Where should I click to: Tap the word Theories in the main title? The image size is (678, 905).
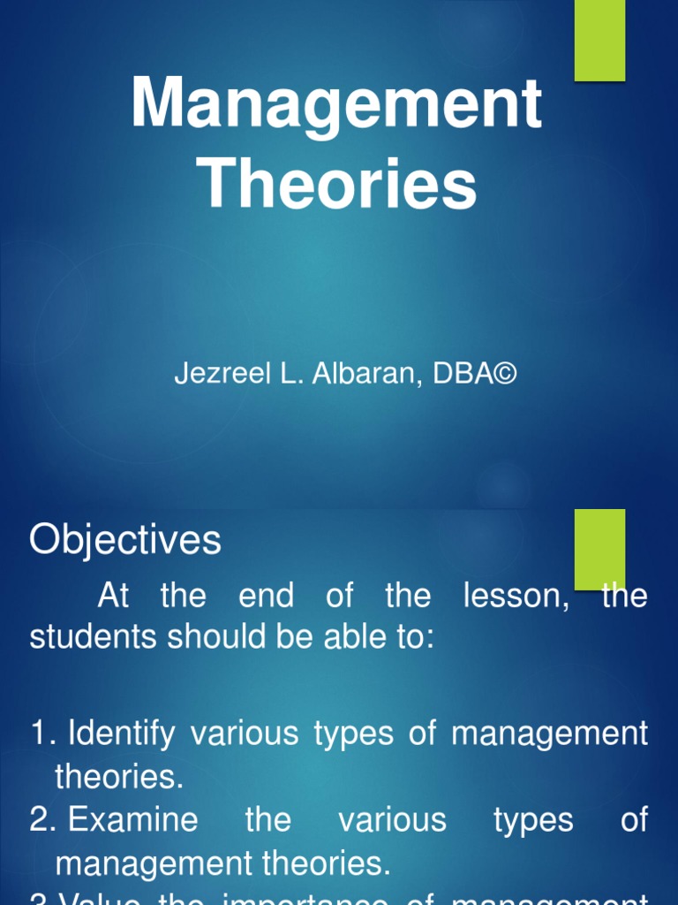click(337, 185)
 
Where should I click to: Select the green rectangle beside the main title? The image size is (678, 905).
click(599, 40)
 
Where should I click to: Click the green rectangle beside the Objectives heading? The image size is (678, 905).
click(599, 548)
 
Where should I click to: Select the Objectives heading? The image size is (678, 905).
click(124, 540)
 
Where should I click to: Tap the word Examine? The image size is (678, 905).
click(133, 820)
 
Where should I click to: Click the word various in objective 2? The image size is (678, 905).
click(392, 820)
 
